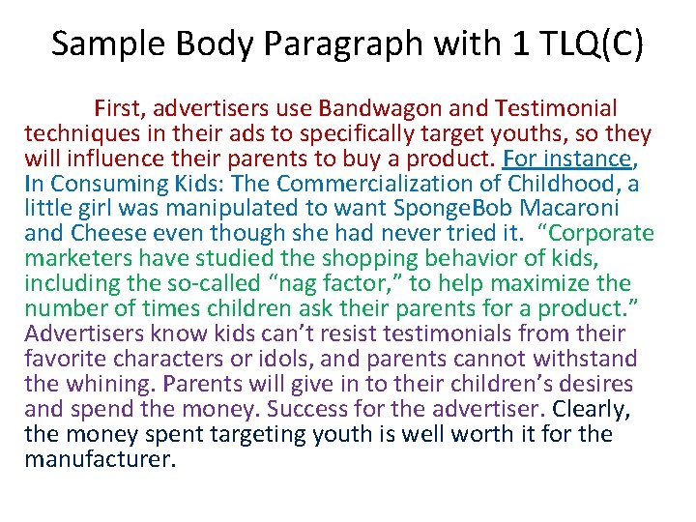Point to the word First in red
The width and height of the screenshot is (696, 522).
pyautogui.click(x=118, y=108)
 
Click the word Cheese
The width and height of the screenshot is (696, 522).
pyautogui.click(x=110, y=234)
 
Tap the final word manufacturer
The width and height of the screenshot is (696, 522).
pyautogui.click(x=100, y=460)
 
